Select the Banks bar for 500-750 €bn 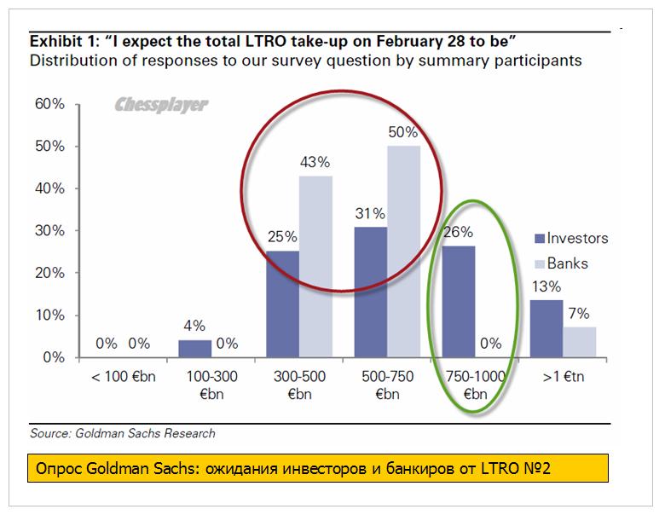[404, 251]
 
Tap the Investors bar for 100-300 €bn [195, 348]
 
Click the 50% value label [404, 133]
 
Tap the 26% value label [459, 232]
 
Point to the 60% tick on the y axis [48, 104]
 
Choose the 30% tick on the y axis [48, 230]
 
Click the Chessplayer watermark [161, 106]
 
